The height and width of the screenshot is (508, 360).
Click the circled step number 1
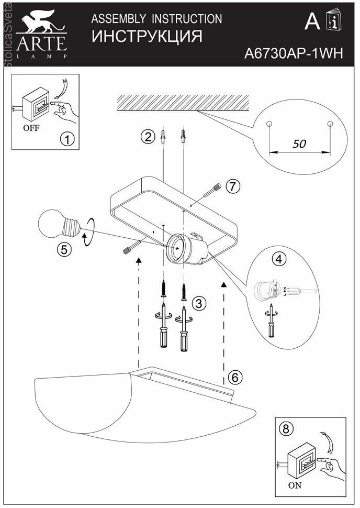67,139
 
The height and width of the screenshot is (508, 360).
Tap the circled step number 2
148,137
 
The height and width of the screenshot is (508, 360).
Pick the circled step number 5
63,249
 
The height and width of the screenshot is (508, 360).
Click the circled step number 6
235,377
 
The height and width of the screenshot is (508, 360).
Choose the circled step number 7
233,185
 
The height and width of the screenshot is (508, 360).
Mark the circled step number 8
285,429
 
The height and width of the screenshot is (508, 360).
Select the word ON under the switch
295,485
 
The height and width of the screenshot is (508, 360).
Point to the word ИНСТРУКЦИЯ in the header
147,37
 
